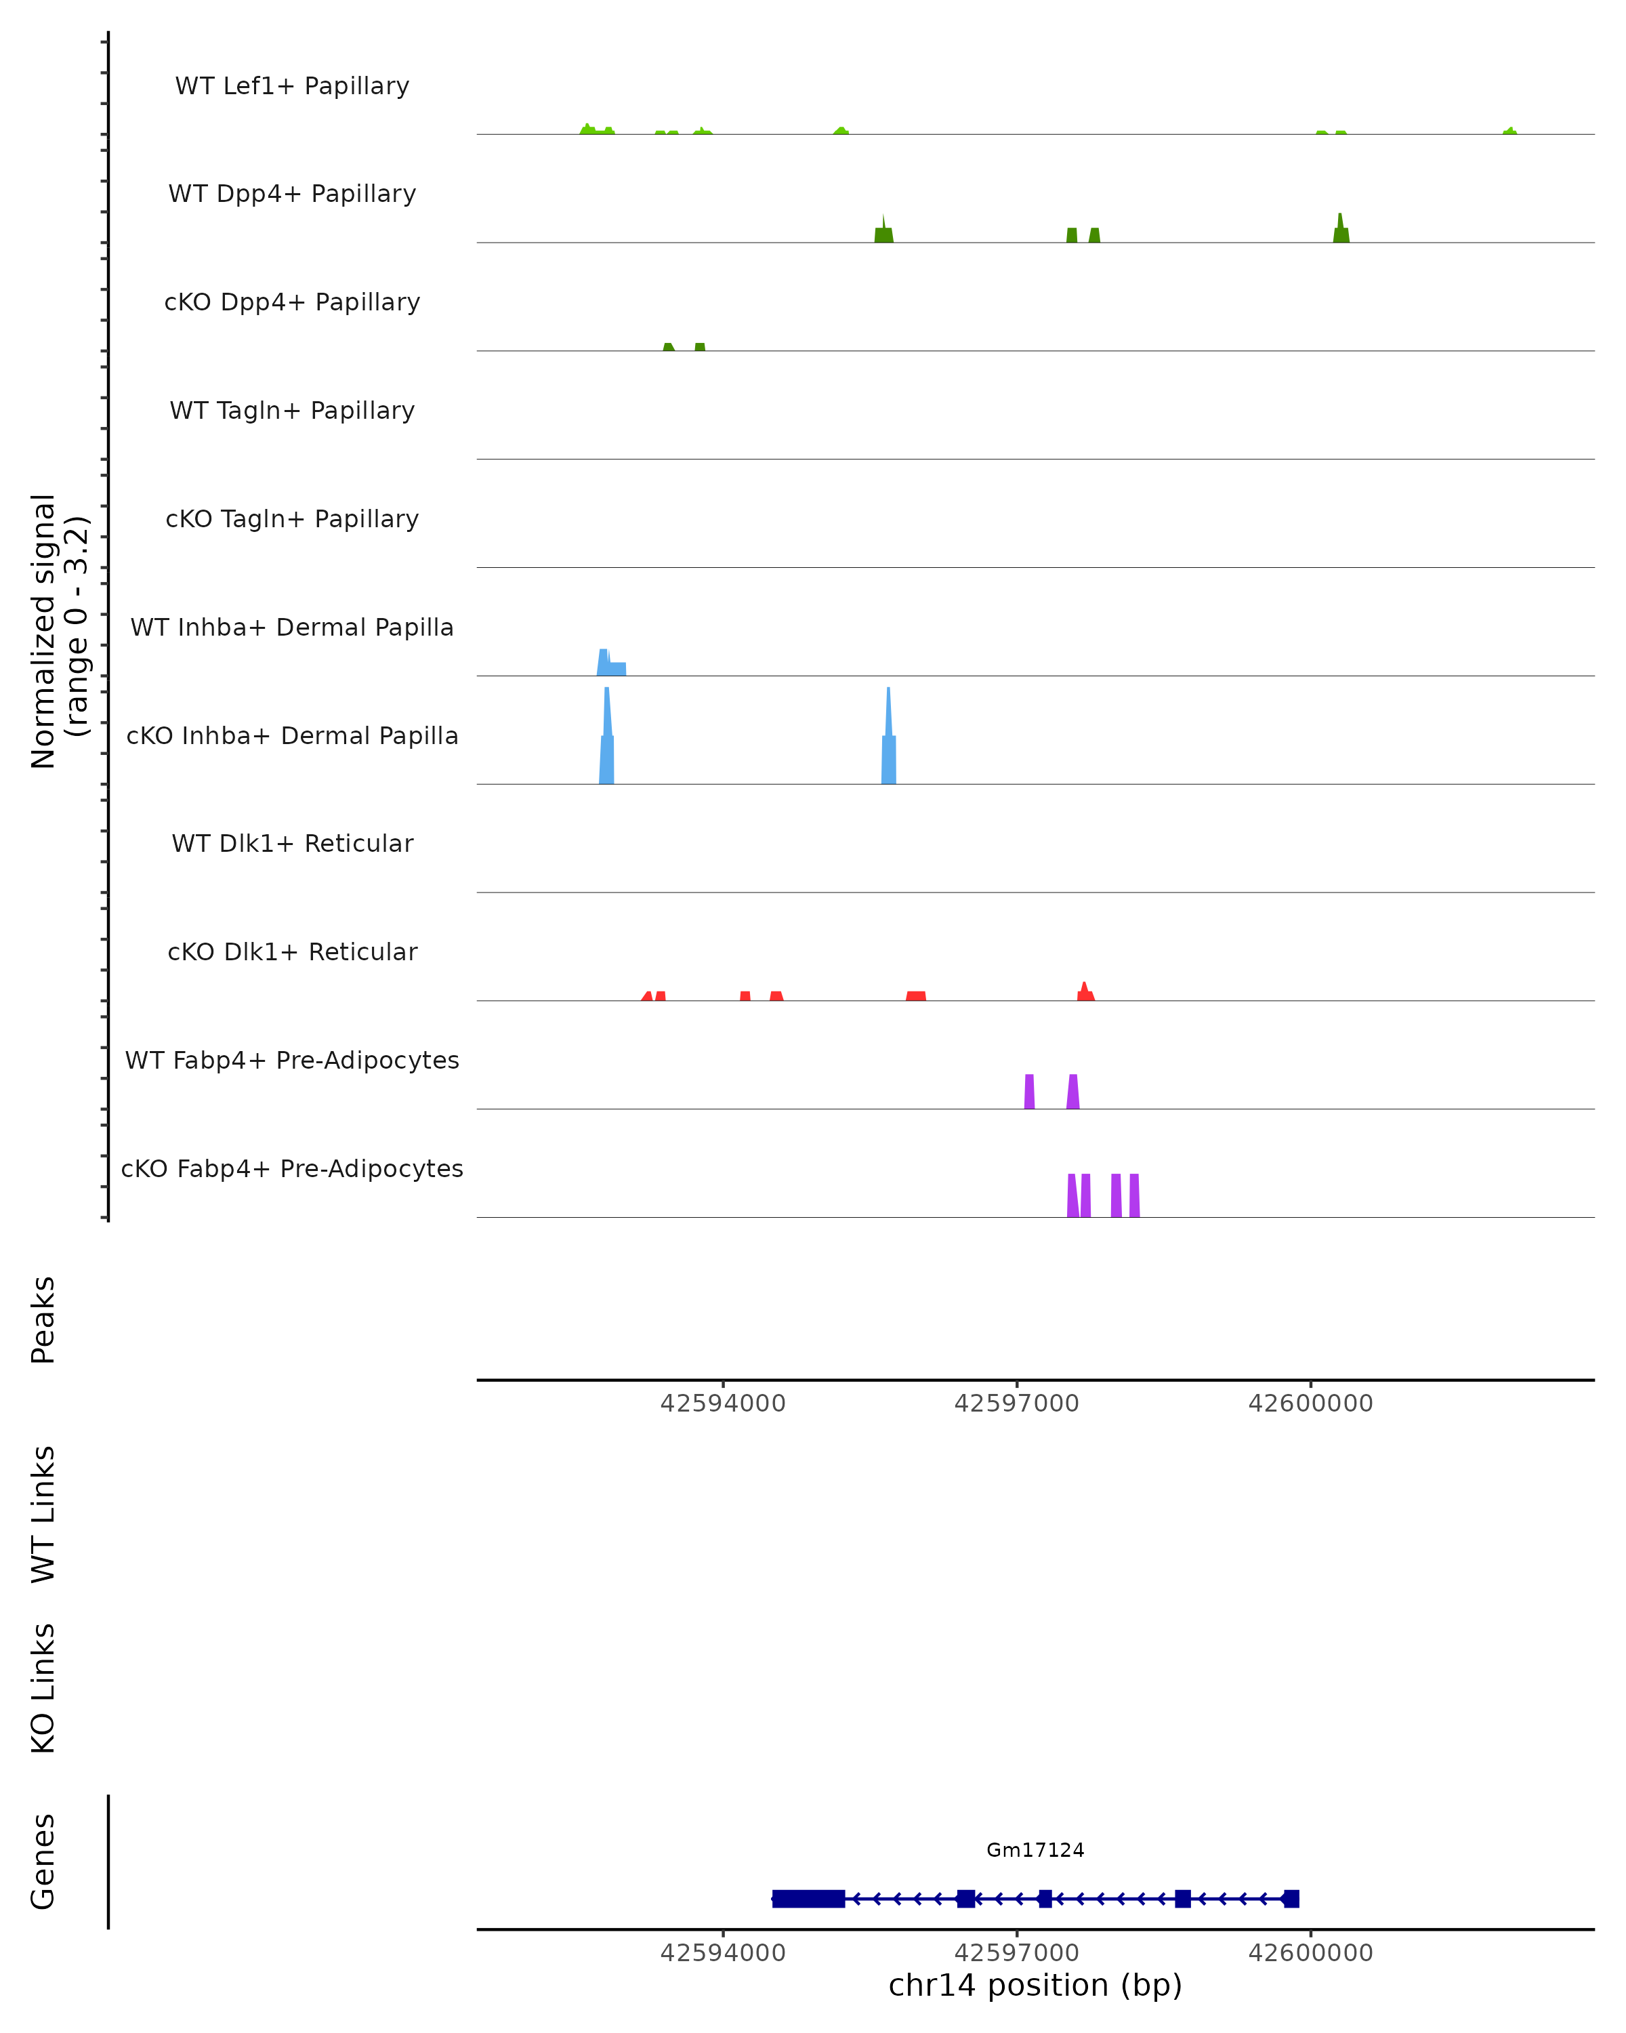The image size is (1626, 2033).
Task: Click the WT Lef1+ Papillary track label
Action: tap(292, 86)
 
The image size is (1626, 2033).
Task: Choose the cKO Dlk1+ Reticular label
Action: tap(292, 951)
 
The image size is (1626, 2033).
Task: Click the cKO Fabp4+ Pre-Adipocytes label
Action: tap(292, 1168)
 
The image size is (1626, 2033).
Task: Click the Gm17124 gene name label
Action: tap(1035, 1850)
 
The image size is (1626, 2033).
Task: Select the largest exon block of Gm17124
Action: tap(808, 1899)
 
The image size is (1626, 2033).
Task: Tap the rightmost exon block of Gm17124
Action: tap(1291, 1899)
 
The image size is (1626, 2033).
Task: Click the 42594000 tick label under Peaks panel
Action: tap(723, 1403)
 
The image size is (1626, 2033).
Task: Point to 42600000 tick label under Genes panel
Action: tap(1310, 1953)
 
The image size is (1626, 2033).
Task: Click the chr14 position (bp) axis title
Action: tap(1035, 1986)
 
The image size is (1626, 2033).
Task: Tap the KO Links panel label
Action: tap(43, 1688)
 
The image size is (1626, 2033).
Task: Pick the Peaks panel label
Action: tap(43, 1319)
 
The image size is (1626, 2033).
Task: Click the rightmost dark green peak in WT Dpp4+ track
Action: tap(1340, 232)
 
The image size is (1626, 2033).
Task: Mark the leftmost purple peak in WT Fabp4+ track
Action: tap(1029, 1092)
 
